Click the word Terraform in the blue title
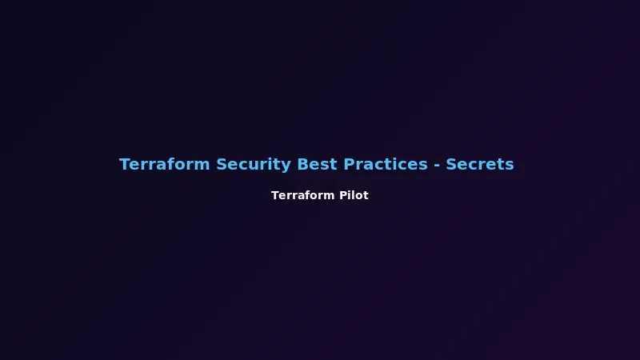click(x=165, y=165)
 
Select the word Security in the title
click(x=254, y=165)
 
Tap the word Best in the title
click(x=318, y=165)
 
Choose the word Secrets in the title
click(x=480, y=165)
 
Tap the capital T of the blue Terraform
click(x=125, y=165)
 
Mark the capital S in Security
click(x=222, y=165)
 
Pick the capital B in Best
click(x=302, y=165)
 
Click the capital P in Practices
click(x=349, y=165)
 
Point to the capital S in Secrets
click(x=451, y=165)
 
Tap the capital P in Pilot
click(x=343, y=195)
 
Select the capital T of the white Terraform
click(x=275, y=195)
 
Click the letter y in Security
click(x=286, y=166)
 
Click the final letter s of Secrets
click(x=510, y=166)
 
